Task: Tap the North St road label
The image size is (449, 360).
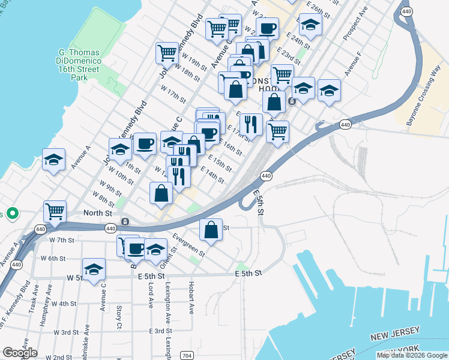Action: tap(81, 212)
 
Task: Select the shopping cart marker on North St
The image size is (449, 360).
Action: tap(55, 211)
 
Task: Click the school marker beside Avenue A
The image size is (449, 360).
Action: tap(54, 160)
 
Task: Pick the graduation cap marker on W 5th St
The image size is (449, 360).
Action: tap(94, 269)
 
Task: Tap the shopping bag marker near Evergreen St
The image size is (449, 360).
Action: tap(211, 230)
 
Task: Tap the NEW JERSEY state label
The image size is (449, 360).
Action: tap(394, 337)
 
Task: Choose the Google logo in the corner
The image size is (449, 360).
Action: tap(20, 352)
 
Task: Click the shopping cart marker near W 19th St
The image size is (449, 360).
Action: tap(167, 52)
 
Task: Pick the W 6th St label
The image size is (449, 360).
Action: tap(53, 258)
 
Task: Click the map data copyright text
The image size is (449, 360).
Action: tap(412, 355)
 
